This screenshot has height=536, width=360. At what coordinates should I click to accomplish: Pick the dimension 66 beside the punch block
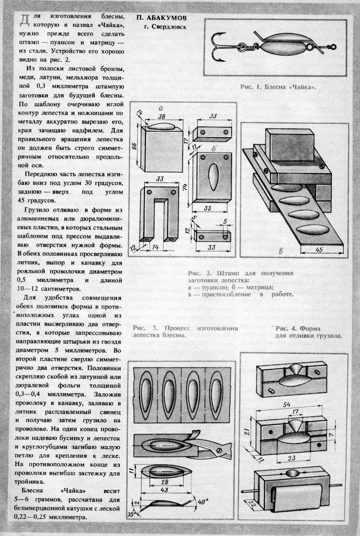(x=134, y=146)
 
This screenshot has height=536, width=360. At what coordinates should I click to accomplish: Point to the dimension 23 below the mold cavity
(x=291, y=458)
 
